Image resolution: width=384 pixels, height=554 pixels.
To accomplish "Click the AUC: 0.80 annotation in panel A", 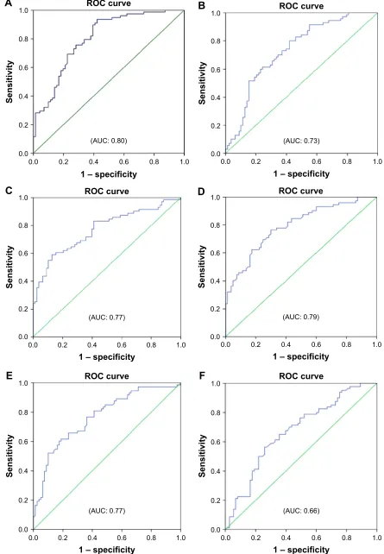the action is pos(109,141).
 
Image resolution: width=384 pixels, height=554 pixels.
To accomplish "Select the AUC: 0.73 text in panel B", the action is pos(301,141).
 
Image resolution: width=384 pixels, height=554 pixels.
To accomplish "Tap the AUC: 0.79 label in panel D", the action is pos(301,317).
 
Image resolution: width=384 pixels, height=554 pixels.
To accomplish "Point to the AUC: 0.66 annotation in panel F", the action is pos(301,511).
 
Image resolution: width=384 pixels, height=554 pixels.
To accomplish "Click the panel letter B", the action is pos(202,6).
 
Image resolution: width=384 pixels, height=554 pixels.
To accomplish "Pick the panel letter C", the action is pos(9,191).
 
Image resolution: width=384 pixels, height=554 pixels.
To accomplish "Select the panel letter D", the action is pos(202,191).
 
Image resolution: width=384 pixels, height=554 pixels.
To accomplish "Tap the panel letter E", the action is pos(9,375).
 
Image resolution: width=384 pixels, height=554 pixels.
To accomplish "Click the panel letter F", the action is pos(202,375).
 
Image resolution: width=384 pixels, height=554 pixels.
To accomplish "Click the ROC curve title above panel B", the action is pos(301,6).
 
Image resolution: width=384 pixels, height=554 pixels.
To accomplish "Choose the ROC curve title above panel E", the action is pos(107,376).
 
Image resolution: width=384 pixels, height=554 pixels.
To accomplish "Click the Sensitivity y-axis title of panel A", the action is pos(9,82).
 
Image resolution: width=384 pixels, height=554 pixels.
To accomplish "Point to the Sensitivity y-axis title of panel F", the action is pos(202,456).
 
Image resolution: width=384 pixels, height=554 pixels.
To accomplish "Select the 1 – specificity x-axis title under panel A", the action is pos(108,173).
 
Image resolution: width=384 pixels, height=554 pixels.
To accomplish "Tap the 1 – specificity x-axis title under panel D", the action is pos(300,357).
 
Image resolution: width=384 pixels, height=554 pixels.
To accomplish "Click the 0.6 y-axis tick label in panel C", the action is pos(24,254).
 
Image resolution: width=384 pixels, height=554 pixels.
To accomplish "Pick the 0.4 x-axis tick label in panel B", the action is pos(286,161).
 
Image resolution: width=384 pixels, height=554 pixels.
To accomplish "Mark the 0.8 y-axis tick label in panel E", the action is pos(24,412).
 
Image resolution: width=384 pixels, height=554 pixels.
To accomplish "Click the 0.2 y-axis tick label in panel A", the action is pos(24,125).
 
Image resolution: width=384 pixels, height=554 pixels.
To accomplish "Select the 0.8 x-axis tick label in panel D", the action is pos(347,344).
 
